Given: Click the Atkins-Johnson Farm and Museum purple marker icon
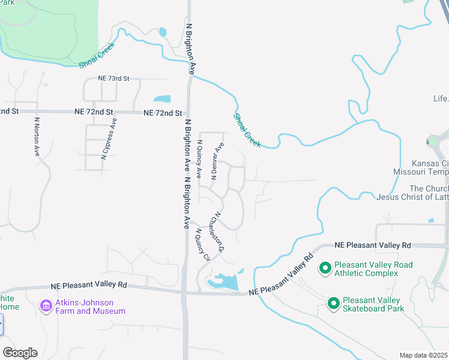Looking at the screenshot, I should (x=46, y=307).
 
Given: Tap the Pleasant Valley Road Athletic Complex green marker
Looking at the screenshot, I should (x=325, y=268).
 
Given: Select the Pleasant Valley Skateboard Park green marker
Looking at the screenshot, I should (x=334, y=304).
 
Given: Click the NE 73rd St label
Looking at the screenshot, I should (x=113, y=79).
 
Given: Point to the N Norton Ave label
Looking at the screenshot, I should (x=37, y=137).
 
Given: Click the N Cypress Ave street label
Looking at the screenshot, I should (x=109, y=138).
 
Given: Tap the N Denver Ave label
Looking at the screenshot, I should (x=217, y=161).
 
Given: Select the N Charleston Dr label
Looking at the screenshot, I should (x=220, y=232).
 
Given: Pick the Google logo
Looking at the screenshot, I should (x=20, y=353).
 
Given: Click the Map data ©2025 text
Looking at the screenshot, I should (x=423, y=355).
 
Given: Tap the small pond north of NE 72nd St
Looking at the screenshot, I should (x=161, y=98).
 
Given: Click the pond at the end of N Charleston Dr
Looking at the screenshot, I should (x=224, y=280).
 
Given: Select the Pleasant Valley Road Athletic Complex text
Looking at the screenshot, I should (x=374, y=269).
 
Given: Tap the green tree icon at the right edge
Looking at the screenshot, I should (x=432, y=142).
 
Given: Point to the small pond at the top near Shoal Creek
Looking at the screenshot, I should (x=162, y=32).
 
